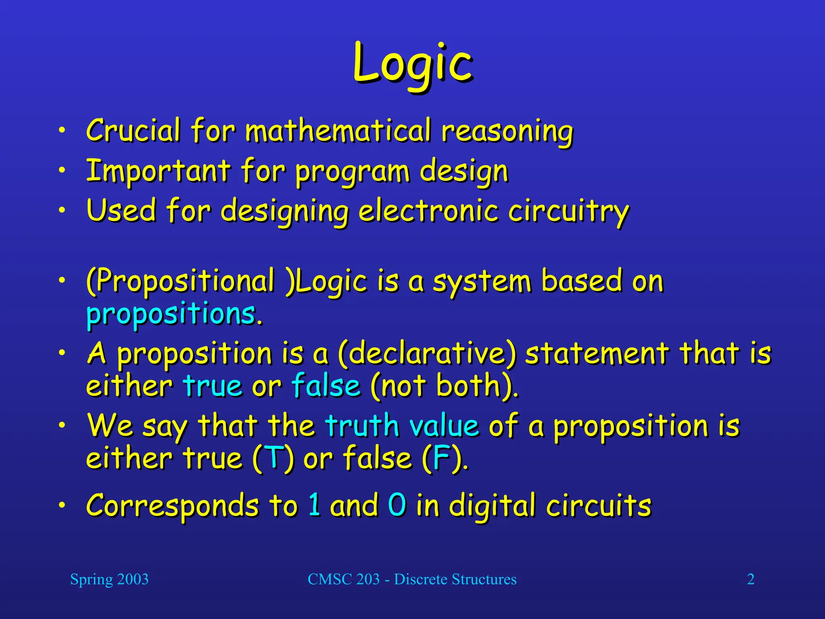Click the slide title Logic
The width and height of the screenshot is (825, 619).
[x=412, y=64]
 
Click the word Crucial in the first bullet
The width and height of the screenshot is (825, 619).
[x=133, y=131]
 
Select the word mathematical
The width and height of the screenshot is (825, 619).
[x=338, y=131]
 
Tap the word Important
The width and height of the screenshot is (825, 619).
[x=158, y=171]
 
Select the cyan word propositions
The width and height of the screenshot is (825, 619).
[x=171, y=314]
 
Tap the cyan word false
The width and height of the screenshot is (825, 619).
[x=325, y=386]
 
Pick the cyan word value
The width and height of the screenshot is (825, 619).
[x=444, y=426]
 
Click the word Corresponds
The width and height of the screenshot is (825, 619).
[x=172, y=506]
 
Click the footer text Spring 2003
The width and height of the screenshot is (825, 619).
[x=109, y=579]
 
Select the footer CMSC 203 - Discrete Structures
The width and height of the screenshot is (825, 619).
[x=412, y=579]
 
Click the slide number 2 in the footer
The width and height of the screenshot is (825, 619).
[x=750, y=579]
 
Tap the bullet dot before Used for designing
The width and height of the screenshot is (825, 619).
[x=61, y=210]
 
